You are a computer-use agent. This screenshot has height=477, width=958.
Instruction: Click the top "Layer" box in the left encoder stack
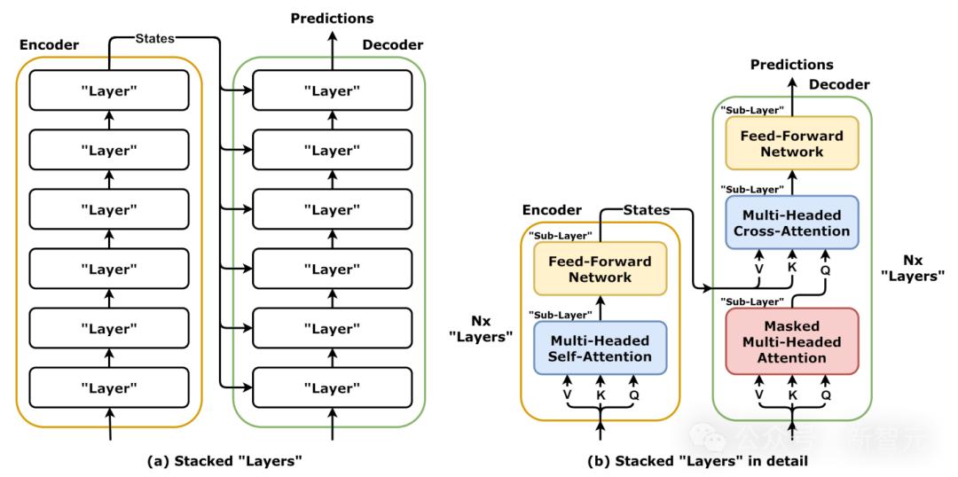pos(109,90)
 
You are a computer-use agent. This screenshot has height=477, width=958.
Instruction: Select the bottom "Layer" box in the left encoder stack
pos(109,387)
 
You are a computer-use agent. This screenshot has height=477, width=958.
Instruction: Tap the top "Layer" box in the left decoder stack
pos(333,90)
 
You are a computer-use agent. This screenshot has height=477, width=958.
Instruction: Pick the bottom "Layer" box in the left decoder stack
pos(333,387)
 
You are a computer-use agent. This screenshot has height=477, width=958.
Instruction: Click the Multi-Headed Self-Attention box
pos(599,348)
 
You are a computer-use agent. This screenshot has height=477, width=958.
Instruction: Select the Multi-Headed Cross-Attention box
pos(792,223)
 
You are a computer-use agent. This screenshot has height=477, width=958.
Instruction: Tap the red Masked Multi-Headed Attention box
pos(792,341)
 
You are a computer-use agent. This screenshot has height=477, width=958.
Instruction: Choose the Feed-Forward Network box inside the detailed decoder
pos(792,144)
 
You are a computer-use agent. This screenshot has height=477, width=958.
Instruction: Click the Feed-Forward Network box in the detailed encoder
pos(600,270)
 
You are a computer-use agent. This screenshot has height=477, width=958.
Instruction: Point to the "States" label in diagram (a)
pos(154,38)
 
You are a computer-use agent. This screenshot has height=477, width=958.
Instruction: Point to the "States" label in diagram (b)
pos(646,210)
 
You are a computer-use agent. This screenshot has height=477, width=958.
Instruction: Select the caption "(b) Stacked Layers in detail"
pos(698,461)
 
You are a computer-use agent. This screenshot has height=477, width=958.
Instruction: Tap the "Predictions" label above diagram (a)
pos(333,18)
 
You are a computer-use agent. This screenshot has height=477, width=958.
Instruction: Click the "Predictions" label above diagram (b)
pos(792,65)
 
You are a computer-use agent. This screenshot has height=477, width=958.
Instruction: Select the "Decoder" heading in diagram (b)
pos(839,84)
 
